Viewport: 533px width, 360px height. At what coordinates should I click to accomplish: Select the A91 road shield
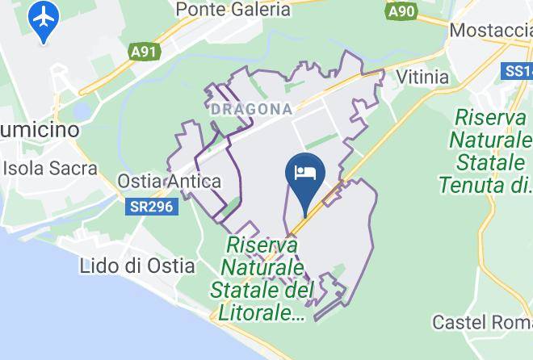point(143,52)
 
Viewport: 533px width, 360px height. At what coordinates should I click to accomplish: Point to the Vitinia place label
point(422,77)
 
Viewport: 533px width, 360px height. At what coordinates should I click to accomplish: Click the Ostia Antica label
point(170,182)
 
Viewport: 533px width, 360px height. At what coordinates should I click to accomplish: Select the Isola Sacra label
point(50,169)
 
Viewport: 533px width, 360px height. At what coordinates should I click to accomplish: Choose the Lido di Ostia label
point(137,265)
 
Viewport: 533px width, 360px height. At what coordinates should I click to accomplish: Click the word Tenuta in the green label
point(473,185)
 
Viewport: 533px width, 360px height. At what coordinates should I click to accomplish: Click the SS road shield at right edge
point(517,72)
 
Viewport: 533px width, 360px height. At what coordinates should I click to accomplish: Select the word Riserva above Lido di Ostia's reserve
point(262,244)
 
